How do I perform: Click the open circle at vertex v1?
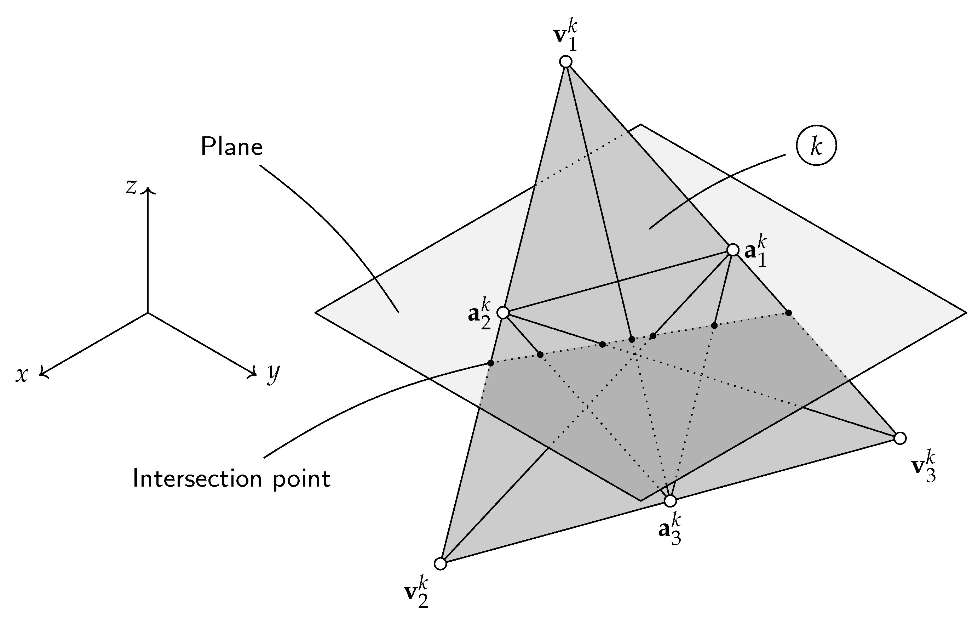click(566, 62)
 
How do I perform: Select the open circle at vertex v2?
click(440, 564)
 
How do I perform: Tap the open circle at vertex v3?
click(901, 438)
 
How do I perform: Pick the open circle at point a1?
click(733, 250)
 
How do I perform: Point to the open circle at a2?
click(503, 313)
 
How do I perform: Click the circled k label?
click(816, 147)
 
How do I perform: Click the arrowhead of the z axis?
click(148, 191)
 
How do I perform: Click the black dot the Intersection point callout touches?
click(491, 363)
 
